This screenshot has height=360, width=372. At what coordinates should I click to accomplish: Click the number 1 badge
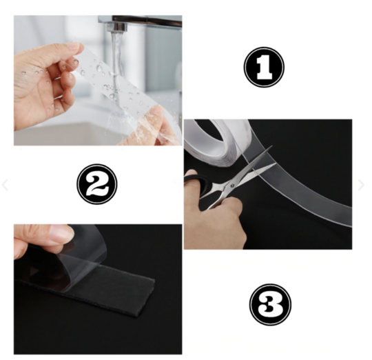[264, 67]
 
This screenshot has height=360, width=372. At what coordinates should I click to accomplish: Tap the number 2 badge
[97, 184]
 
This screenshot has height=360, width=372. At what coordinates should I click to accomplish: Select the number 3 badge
[270, 304]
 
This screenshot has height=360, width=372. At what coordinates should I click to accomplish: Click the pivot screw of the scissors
[232, 185]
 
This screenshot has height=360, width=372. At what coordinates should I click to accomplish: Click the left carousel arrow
[5, 185]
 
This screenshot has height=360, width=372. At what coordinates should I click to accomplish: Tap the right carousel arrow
[361, 185]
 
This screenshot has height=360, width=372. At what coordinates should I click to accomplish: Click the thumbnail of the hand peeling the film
[98, 289]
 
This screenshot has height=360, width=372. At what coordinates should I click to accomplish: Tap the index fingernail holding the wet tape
[76, 46]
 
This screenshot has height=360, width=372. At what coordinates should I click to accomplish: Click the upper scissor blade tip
[272, 146]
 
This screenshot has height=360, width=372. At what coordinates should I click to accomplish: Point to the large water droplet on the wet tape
[99, 68]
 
